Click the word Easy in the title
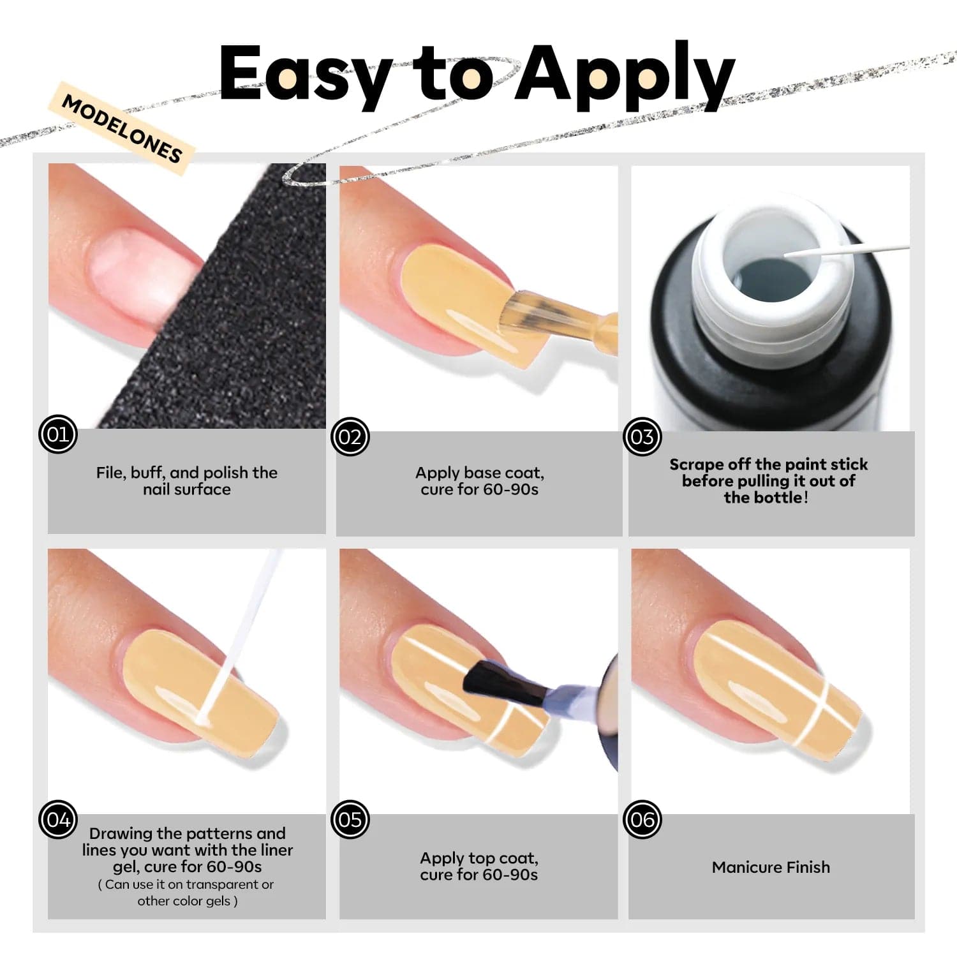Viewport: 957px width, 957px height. pyautogui.click(x=306, y=75)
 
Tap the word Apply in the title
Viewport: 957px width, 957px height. pyautogui.click(x=625, y=75)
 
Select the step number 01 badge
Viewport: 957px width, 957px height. pyautogui.click(x=58, y=434)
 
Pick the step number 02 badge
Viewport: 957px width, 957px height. pyautogui.click(x=350, y=436)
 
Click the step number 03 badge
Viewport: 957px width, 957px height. pyautogui.click(x=642, y=436)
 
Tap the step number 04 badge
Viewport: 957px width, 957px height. pyautogui.click(x=58, y=819)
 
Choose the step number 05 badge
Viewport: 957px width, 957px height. pyautogui.click(x=350, y=819)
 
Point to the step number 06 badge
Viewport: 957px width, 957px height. pyautogui.click(x=642, y=819)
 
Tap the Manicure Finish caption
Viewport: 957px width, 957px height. pyautogui.click(x=771, y=867)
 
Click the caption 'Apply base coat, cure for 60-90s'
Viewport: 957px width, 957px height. pyautogui.click(x=480, y=481)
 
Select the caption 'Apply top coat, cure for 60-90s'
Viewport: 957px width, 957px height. pyautogui.click(x=479, y=866)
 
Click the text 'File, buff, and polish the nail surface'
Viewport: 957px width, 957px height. pyautogui.click(x=187, y=481)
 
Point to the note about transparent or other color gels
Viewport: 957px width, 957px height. pyautogui.click(x=187, y=893)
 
